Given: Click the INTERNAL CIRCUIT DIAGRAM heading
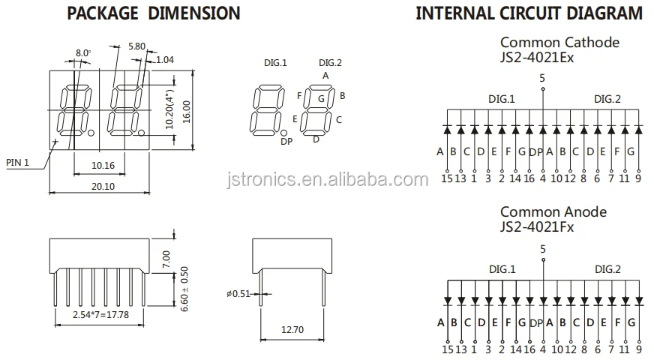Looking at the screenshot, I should (529, 13).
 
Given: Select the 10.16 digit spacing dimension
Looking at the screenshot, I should (103, 165).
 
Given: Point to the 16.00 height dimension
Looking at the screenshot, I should (187, 110).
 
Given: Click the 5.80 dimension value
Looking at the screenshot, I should (136, 46).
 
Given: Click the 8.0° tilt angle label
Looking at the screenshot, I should (82, 53).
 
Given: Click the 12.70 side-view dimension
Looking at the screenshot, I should (292, 328).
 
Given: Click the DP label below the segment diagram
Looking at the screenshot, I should (286, 142).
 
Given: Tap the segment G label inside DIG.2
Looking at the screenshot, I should (320, 98).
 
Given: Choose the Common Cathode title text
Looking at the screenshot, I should (559, 42).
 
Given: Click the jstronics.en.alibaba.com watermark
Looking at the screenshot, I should (325, 179).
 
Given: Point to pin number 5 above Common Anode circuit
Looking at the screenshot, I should (542, 248).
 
